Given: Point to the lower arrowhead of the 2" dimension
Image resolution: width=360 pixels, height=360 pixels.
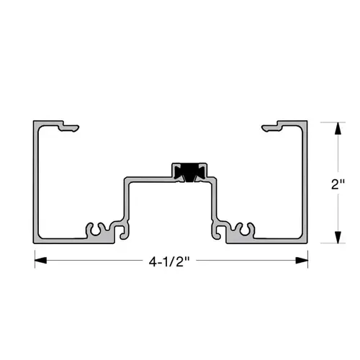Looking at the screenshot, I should (x=336, y=237).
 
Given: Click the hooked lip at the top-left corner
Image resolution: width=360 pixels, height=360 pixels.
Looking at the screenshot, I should (x=69, y=128).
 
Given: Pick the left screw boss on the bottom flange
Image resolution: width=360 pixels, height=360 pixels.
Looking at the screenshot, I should (x=98, y=230).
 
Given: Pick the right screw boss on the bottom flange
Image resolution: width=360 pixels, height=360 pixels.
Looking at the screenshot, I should (x=244, y=230).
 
